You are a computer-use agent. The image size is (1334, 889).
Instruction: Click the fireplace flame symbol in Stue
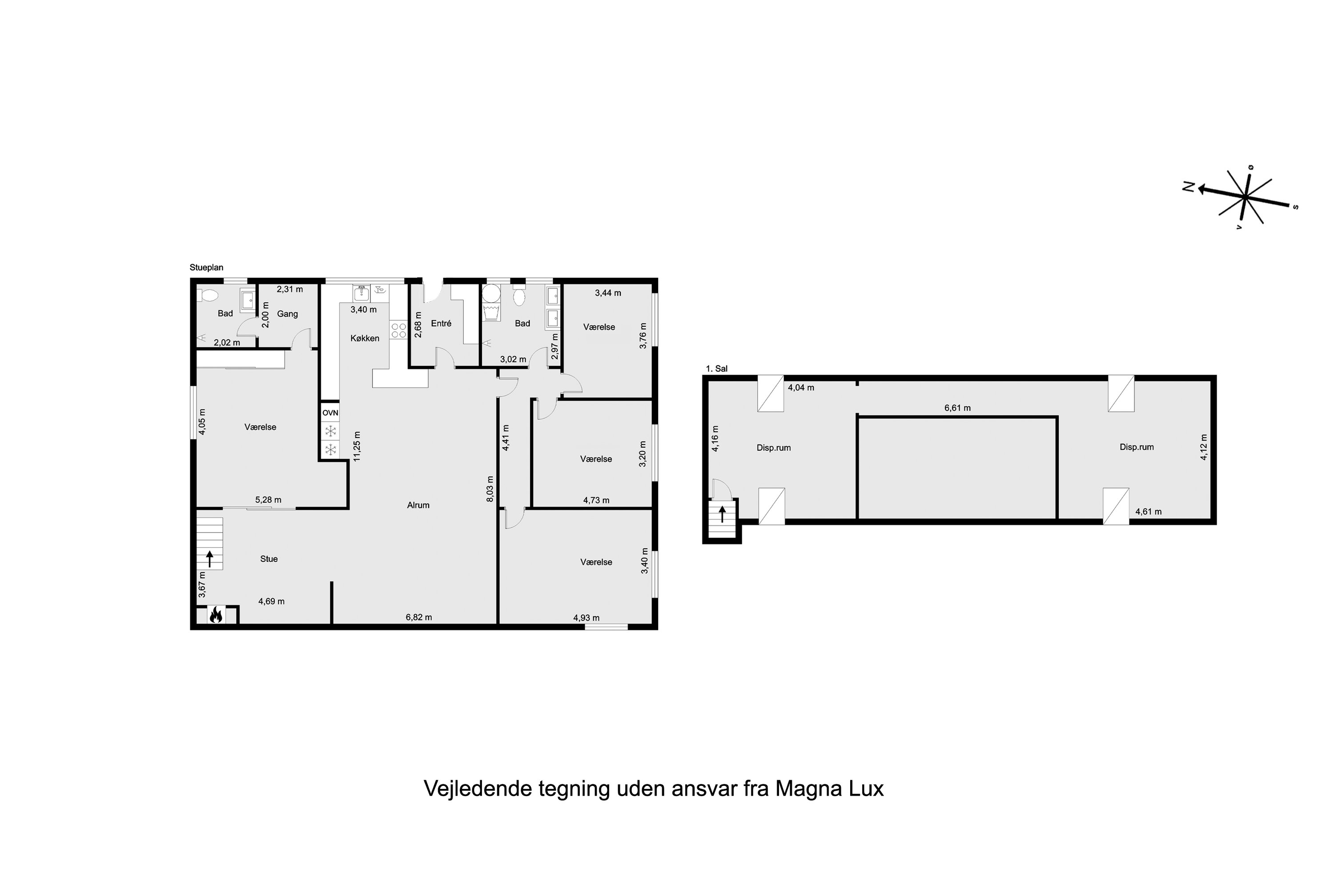(216, 615)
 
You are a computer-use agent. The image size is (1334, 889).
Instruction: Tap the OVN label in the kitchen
(330, 413)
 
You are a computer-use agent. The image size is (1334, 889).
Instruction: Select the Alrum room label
(418, 505)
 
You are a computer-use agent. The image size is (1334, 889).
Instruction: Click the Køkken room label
(365, 338)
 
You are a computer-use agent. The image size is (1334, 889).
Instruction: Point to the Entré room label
(441, 323)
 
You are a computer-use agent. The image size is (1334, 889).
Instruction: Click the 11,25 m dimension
(357, 446)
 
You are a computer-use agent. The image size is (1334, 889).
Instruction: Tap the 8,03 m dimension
(490, 489)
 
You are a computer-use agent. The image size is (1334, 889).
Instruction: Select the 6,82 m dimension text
(418, 617)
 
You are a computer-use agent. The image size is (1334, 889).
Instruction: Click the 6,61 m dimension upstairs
(957, 408)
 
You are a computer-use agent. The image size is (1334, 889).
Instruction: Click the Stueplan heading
(206, 268)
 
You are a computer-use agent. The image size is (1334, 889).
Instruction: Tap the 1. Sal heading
(716, 368)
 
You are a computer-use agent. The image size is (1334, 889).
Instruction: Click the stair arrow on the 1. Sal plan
(722, 514)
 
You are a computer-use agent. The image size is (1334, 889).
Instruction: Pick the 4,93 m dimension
(587, 618)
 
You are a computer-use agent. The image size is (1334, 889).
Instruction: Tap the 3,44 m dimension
(608, 293)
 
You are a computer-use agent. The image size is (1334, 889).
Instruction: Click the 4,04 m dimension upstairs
(801, 388)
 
